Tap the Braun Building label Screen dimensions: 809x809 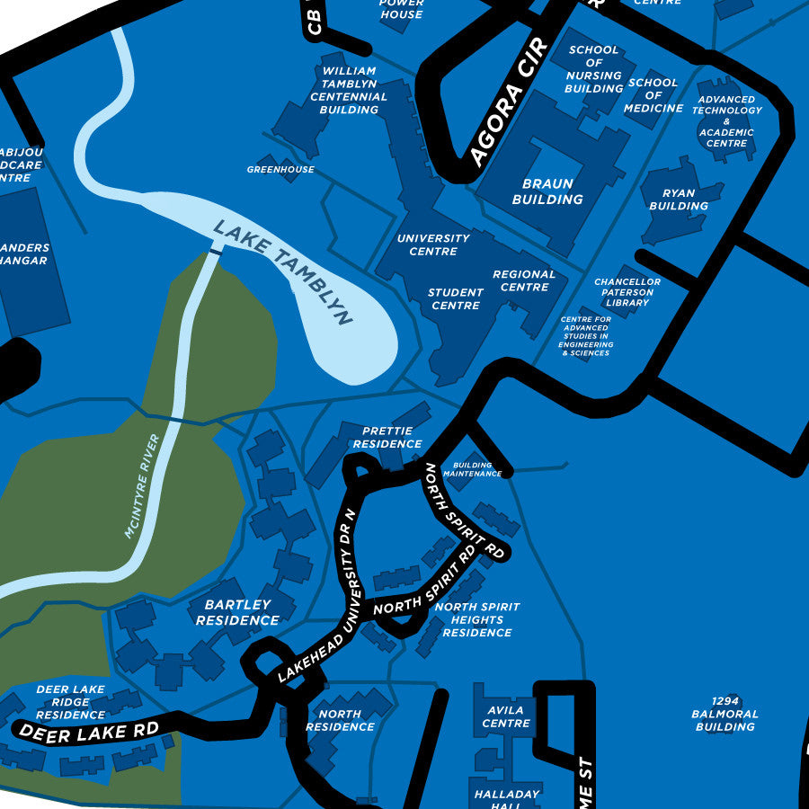coord(547,191)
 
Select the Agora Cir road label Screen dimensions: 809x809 coord(508,104)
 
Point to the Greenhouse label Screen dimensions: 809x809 coord(280,169)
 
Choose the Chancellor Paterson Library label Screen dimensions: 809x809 coord(627,292)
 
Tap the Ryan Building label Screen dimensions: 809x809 coord(679,200)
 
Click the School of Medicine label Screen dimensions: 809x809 coord(653,95)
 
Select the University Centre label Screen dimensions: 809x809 coord(433,244)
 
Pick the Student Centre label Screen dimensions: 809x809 coord(455,299)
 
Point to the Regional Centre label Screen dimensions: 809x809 coord(524,280)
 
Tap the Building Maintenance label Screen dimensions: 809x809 coord(472,469)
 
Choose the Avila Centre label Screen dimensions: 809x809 coord(506,716)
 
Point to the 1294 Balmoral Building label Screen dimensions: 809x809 coord(725,714)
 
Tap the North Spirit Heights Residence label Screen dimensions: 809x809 coord(476,619)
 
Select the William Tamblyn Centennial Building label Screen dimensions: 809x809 coord(349,90)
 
